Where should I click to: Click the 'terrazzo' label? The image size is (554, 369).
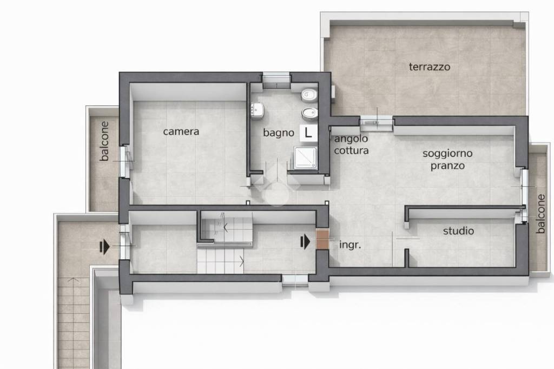(429, 67)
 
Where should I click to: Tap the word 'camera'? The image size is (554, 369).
(181, 131)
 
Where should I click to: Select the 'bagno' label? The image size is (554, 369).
(279, 133)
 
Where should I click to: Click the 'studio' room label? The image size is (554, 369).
(458, 231)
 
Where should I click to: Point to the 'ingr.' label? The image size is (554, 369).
(350, 245)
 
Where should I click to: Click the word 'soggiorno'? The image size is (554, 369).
(447, 154)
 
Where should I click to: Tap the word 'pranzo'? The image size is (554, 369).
(447, 166)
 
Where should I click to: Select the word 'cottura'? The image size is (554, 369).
(351, 150)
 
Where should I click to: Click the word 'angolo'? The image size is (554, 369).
(351, 139)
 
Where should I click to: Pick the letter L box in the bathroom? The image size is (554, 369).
(308, 133)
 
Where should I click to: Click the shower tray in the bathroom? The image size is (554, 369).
(306, 158)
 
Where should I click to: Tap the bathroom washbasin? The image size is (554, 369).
(257, 110)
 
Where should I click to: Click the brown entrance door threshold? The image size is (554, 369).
(322, 239)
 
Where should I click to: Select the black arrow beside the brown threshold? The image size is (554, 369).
(305, 242)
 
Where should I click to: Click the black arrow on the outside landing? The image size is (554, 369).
(104, 246)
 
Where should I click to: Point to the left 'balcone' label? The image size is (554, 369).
(104, 141)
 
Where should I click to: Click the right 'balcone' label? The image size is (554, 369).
(540, 214)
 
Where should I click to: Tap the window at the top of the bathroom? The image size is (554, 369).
(276, 81)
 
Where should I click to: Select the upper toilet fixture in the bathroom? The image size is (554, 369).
(309, 95)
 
